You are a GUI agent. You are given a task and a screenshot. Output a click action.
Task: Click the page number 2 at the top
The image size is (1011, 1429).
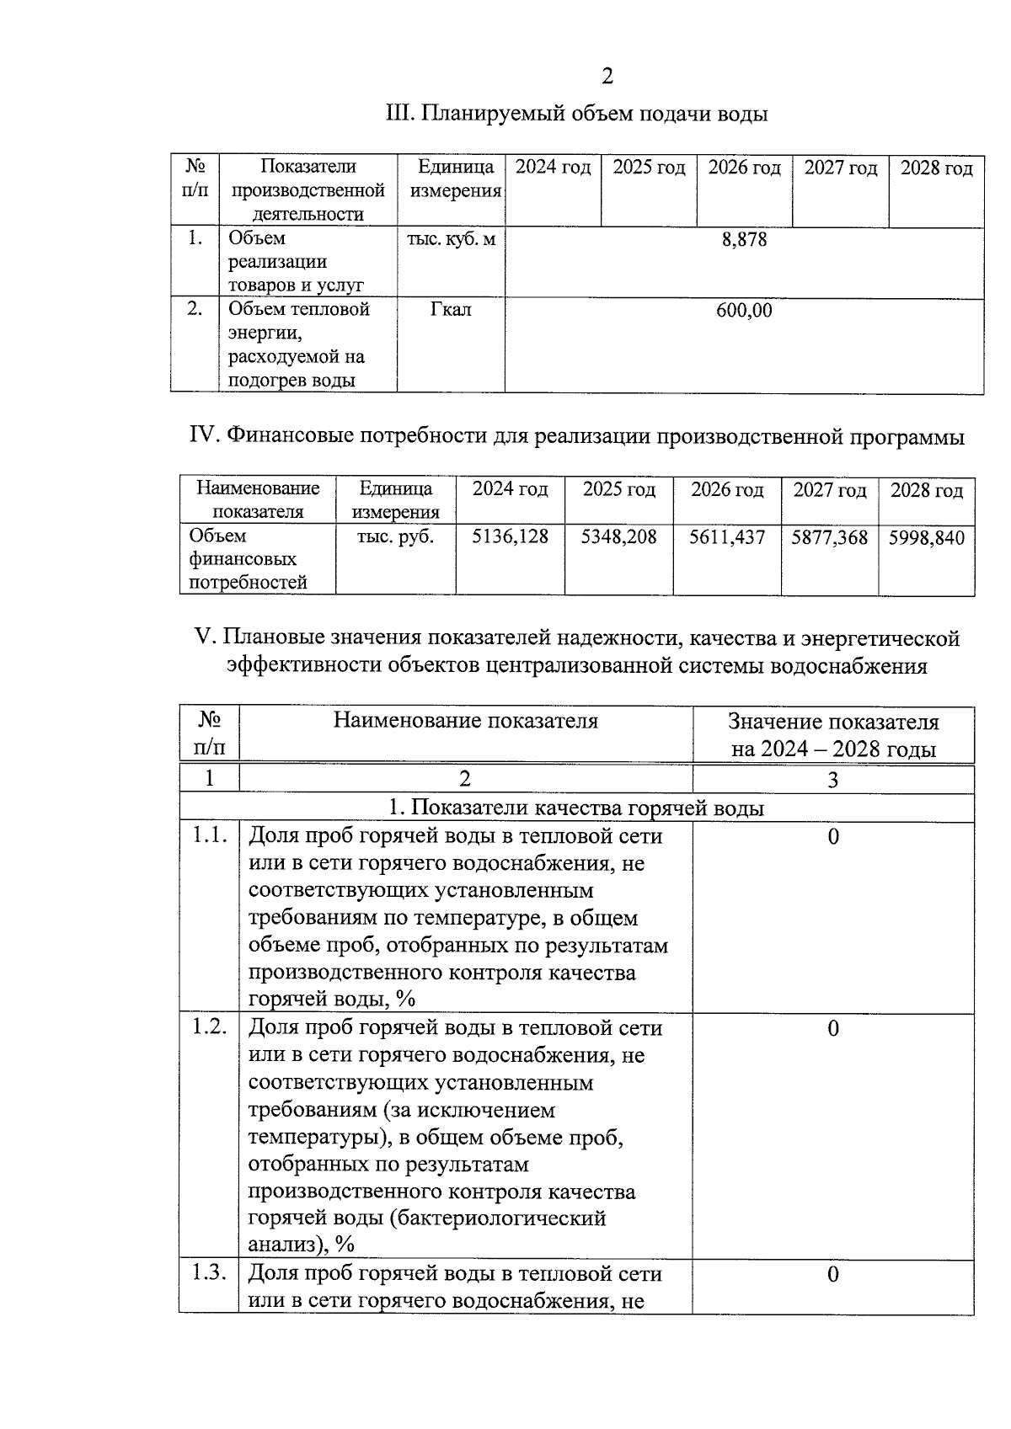tap(607, 77)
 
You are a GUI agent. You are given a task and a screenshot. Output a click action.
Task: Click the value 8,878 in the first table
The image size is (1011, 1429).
tap(744, 239)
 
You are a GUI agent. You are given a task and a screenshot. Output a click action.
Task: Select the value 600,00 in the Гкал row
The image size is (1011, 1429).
tap(744, 311)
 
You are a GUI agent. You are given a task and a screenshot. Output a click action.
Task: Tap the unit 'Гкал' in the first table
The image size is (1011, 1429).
tap(451, 310)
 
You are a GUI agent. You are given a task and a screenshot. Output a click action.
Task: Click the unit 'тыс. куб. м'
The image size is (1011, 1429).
tap(451, 239)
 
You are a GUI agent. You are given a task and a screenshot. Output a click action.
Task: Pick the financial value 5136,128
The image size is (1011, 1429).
tap(510, 536)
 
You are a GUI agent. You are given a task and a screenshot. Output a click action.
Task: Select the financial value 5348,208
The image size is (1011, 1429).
tap(618, 536)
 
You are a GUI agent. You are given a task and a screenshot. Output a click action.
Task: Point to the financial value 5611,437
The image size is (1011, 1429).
tap(727, 536)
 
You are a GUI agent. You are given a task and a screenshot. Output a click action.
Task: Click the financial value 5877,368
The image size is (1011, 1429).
tap(829, 537)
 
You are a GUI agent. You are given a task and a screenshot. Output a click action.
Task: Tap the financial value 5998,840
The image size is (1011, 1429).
tap(926, 537)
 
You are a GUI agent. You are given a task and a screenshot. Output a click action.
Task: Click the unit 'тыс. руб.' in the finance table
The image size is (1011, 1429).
tap(395, 536)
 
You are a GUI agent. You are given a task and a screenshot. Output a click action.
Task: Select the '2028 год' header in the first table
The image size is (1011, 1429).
tap(936, 168)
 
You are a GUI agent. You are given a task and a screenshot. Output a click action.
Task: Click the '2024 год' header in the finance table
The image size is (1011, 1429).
tap(510, 490)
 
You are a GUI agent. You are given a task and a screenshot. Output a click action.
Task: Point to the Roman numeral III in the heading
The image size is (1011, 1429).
tap(396, 114)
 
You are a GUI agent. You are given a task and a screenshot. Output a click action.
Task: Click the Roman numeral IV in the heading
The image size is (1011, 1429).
tap(203, 436)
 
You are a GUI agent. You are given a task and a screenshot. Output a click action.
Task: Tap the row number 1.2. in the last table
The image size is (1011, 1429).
tap(209, 1027)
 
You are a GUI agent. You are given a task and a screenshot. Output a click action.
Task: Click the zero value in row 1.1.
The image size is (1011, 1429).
tap(832, 836)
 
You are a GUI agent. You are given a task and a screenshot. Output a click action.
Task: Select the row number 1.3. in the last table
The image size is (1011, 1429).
tap(209, 1273)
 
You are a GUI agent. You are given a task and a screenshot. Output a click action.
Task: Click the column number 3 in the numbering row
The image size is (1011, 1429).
tap(832, 780)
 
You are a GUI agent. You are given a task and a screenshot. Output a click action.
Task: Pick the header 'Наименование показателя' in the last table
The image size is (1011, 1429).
tap(465, 721)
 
